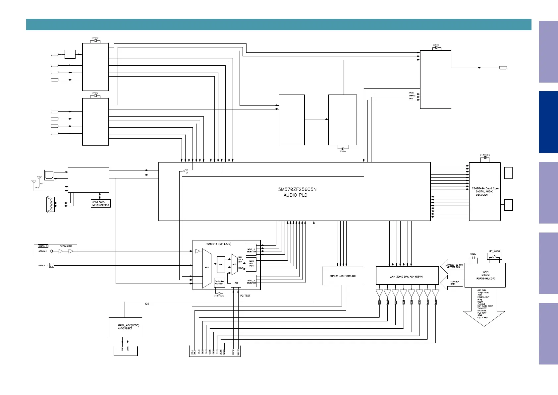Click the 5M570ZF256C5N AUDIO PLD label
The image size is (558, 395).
[295, 192]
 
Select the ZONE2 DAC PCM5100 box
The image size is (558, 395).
[342, 276]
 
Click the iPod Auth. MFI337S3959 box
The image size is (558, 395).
[100, 203]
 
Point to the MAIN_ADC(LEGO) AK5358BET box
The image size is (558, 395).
[125, 327]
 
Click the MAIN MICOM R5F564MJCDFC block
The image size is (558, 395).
[485, 275]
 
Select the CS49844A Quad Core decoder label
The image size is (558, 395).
[484, 191]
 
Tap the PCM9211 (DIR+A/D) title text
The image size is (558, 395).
[218, 244]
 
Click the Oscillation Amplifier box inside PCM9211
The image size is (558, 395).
[219, 283]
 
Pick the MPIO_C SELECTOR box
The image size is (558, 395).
[251, 250]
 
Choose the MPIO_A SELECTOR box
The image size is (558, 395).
[251, 282]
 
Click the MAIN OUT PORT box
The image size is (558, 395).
[251, 263]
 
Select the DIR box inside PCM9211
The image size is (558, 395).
[221, 264]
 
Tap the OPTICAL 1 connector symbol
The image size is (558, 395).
[52, 265]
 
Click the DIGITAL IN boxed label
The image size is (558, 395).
[43, 246]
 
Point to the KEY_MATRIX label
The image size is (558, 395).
[494, 251]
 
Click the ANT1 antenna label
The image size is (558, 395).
[42, 183]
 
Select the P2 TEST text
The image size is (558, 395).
[245, 296]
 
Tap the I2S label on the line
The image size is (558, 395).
[147, 304]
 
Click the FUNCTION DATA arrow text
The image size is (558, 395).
[455, 283]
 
